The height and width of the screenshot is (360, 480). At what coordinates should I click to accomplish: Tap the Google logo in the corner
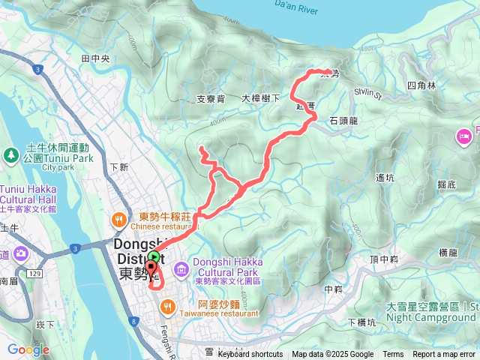click(28, 349)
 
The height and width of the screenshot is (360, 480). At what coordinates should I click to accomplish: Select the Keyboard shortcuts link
click(250, 355)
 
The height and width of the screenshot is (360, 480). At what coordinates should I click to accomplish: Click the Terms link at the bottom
click(393, 355)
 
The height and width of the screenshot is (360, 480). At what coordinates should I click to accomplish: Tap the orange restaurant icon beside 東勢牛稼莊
click(118, 220)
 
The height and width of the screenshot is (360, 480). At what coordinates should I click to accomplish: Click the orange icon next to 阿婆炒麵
click(169, 305)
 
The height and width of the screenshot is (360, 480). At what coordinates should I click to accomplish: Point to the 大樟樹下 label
click(261, 98)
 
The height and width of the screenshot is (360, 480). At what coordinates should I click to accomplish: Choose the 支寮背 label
click(211, 98)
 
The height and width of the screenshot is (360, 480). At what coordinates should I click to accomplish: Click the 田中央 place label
click(95, 58)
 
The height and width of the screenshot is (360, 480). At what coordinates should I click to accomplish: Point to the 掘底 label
click(445, 184)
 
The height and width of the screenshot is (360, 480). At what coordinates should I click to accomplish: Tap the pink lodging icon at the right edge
click(463, 137)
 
